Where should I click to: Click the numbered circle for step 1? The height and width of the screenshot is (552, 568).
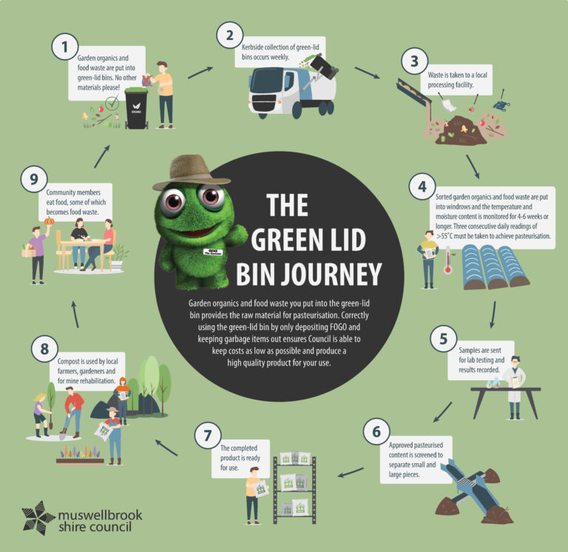[65, 47]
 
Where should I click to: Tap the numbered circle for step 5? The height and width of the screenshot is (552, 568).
[444, 339]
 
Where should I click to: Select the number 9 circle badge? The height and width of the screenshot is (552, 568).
[34, 179]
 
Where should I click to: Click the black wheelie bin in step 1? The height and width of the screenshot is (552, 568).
[136, 108]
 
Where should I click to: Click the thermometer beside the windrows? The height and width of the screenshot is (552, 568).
[448, 260]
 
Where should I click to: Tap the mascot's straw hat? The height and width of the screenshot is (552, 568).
[190, 172]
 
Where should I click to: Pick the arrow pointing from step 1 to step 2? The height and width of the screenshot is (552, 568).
[200, 73]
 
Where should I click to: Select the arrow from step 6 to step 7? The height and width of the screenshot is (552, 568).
[351, 472]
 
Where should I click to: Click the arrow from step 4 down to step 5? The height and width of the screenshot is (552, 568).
[493, 314]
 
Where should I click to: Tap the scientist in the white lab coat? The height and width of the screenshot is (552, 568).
[515, 387]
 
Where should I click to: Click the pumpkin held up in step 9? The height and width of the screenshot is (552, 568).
[50, 221]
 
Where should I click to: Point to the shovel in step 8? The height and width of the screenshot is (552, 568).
[66, 424]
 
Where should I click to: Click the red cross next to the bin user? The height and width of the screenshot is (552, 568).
[146, 81]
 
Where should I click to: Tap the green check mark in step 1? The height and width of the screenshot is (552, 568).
[112, 103]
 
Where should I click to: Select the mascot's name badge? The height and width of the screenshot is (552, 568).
[213, 252]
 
